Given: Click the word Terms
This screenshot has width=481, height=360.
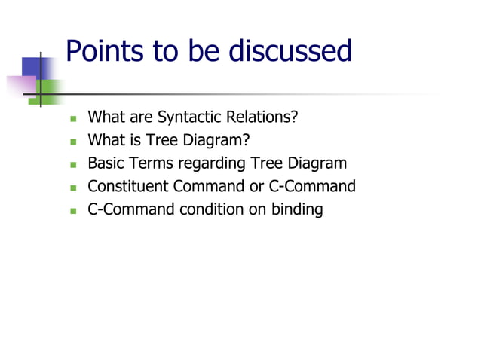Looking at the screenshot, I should [152, 163].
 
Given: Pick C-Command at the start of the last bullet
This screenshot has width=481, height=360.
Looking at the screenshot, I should [130, 209].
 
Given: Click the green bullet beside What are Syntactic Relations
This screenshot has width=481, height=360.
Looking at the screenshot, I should [73, 119].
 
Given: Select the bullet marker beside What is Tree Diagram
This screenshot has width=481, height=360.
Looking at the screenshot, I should [73, 142].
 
